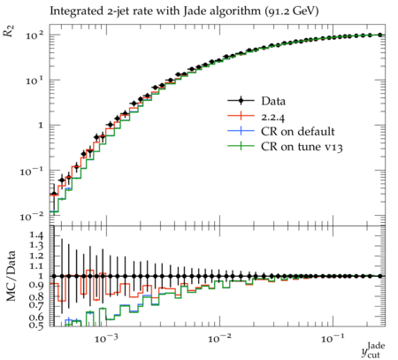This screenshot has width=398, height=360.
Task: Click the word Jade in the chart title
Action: (x=192, y=11)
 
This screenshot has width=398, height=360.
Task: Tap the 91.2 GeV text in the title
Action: (x=292, y=11)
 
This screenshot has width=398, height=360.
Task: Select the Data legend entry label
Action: (x=273, y=101)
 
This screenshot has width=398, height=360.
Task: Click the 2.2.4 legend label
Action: (x=273, y=118)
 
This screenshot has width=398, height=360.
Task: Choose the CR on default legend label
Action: (x=298, y=132)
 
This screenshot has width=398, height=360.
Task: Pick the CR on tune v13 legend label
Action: (x=302, y=147)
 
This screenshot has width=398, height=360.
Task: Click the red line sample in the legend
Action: (x=241, y=116)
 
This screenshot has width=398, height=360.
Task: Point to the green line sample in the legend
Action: (x=241, y=146)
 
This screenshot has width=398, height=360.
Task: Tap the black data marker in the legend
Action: (x=241, y=101)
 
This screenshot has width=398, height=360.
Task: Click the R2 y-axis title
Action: (x=9, y=31)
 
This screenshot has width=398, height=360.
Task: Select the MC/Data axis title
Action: (x=11, y=276)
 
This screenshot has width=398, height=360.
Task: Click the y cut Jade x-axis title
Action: (x=373, y=350)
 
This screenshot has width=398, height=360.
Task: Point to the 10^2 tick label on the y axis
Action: (x=34, y=35)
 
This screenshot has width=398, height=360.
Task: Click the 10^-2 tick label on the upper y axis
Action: (x=32, y=217)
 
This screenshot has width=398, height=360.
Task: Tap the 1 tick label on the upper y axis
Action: (x=41, y=126)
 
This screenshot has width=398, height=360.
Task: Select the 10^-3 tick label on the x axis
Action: (x=106, y=338)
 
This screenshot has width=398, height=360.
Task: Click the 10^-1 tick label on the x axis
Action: (x=333, y=338)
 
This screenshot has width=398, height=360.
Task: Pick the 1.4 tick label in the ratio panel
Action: (x=36, y=235)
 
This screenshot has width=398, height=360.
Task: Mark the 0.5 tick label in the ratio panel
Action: (x=36, y=326)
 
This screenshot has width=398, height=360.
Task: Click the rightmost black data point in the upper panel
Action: (x=380, y=34)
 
